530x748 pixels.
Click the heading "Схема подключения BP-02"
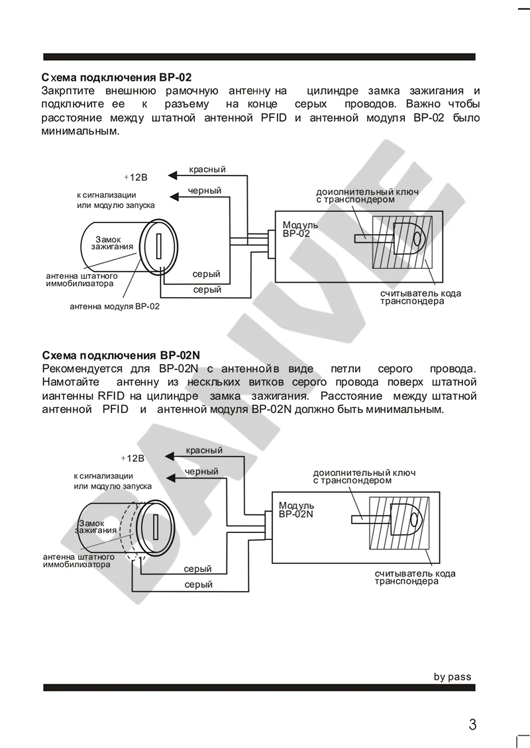coord(116,77)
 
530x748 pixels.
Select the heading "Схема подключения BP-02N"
coord(121,354)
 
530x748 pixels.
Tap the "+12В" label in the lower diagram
coord(132,458)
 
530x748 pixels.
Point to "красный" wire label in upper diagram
coord(207,169)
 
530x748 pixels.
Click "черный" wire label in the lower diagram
coord(202,471)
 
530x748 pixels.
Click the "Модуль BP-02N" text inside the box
coord(296,509)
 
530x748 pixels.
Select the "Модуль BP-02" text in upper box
coord(300,229)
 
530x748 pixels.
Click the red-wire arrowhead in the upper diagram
coord(172,175)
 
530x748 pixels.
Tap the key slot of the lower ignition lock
coord(154,527)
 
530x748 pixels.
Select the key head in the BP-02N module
coord(405,519)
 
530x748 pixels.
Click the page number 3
coord(472,724)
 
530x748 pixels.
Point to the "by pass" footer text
coord(452,677)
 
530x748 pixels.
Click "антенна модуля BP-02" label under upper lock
coord(115,306)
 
